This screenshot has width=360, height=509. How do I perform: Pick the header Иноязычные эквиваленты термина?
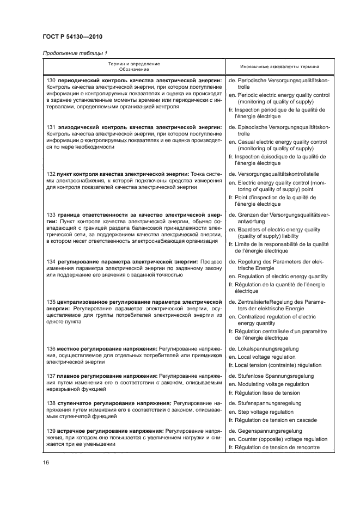(x=279, y=66)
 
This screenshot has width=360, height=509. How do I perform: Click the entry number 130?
(x=51, y=81)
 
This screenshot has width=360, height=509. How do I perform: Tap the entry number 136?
(x=51, y=348)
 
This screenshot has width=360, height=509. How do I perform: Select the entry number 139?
(x=51, y=431)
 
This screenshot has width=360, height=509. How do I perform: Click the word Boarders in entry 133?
(x=248, y=230)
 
